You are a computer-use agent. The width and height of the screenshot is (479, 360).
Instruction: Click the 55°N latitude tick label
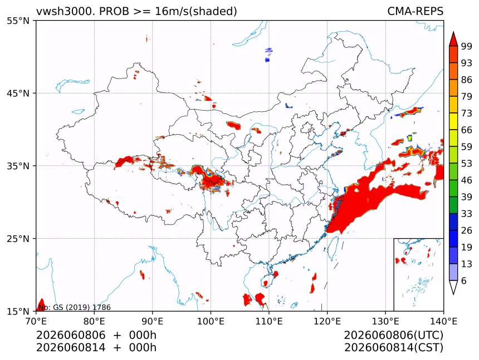click(18, 21)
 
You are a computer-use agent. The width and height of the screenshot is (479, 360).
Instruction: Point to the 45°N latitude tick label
click(18, 93)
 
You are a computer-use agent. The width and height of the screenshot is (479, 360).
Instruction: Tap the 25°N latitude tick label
click(18, 238)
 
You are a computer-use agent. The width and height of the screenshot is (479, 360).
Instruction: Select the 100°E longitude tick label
click(211, 321)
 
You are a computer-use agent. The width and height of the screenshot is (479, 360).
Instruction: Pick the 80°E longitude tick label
click(94, 321)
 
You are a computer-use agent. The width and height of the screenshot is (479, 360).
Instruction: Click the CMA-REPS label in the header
click(415, 11)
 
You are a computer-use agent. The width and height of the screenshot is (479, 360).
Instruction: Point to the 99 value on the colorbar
click(467, 46)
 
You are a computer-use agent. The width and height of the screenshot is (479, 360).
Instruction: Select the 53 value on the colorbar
click(467, 164)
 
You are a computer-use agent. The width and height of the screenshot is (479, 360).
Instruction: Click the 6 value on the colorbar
click(464, 280)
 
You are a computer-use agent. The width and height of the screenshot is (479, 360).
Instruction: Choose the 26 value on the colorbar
click(467, 230)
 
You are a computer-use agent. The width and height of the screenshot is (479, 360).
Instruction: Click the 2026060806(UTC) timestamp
click(394, 335)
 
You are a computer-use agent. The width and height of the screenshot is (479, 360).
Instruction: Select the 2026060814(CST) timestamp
click(394, 348)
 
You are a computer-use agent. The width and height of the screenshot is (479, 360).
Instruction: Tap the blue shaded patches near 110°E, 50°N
click(268, 55)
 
